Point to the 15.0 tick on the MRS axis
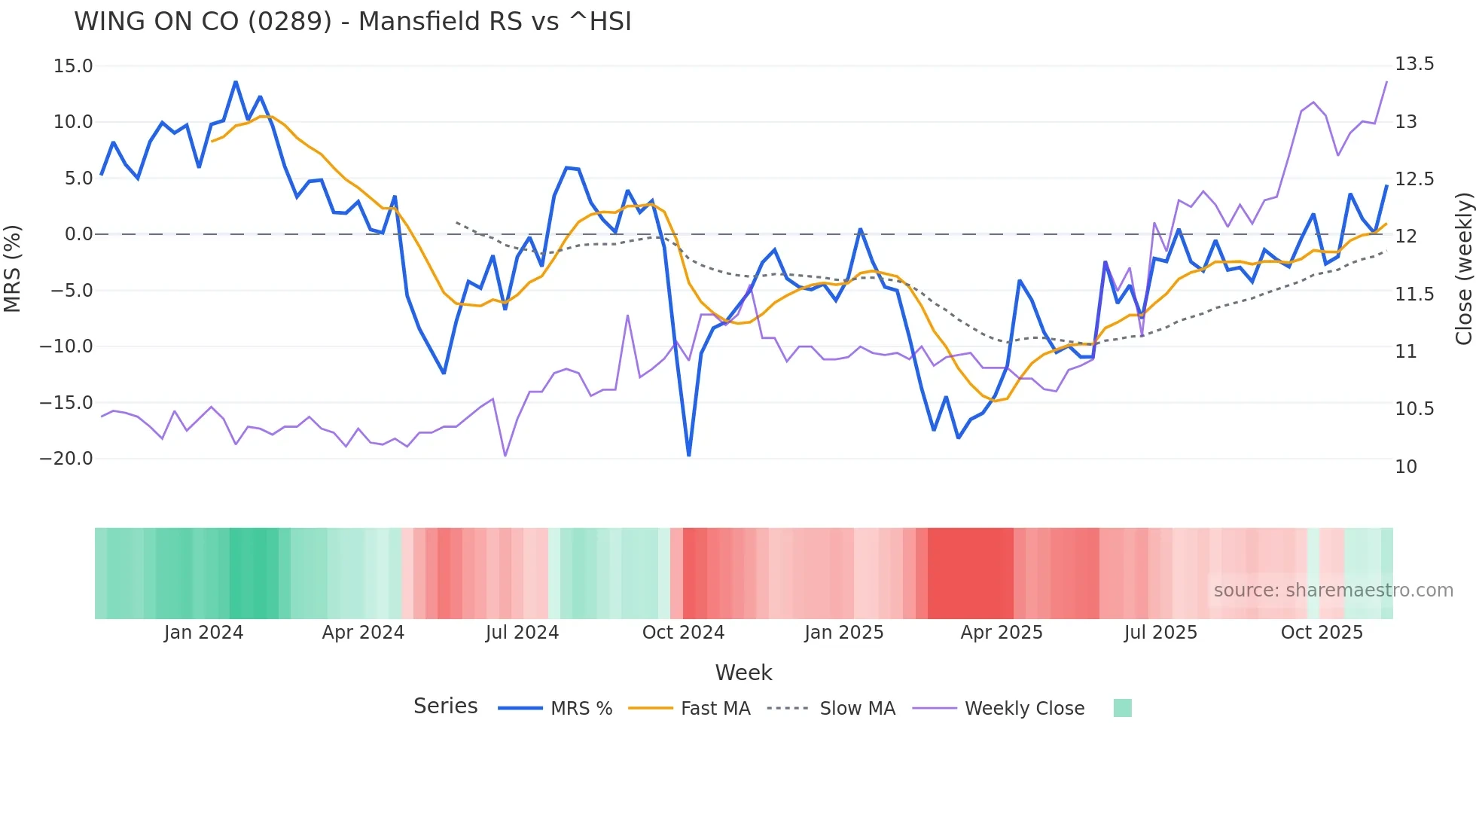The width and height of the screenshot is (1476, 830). click(73, 66)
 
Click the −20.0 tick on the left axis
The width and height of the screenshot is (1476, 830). click(66, 459)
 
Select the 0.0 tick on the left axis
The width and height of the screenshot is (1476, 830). click(78, 234)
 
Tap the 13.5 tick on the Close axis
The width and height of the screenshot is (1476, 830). click(1414, 64)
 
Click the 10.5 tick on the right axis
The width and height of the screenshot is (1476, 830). click(1414, 409)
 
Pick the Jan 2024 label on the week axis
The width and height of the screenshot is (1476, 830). click(203, 633)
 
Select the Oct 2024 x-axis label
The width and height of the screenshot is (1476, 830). click(683, 633)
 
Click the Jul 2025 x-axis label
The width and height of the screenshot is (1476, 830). click(1160, 633)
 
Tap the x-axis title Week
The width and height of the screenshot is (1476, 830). click(743, 673)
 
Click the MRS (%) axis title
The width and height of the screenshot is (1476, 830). click(13, 268)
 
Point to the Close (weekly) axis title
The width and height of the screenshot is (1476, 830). click(1463, 268)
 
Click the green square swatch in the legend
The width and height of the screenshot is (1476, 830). click(1122, 708)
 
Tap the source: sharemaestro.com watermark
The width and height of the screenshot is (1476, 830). click(1333, 590)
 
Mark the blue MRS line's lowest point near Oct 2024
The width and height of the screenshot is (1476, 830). click(688, 455)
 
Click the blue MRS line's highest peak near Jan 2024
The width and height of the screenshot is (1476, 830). click(236, 82)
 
